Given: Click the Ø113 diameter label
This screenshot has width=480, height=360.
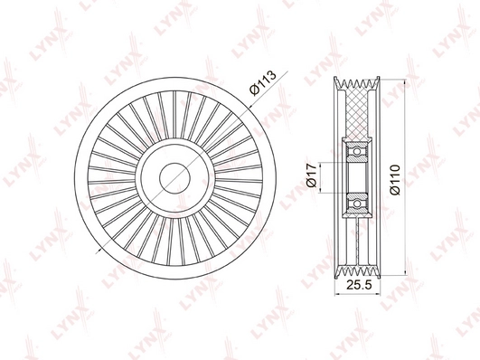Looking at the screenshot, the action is coord(263,82).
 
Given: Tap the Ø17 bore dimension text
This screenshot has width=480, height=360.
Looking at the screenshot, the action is coord(311,175).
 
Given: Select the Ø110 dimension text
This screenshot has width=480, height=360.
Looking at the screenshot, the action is coord(395,180).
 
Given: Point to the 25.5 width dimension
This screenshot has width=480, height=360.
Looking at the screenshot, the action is coord(359,285).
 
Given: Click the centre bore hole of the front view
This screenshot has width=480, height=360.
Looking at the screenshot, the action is coord(175,178).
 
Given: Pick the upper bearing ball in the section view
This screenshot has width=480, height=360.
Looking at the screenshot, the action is coord(357,151).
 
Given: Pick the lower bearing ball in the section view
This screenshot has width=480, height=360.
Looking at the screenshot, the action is coord(357,204).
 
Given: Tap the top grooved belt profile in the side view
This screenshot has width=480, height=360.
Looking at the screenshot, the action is coord(357,83).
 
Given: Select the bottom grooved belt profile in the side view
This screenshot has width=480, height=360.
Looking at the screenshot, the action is coord(357,272).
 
